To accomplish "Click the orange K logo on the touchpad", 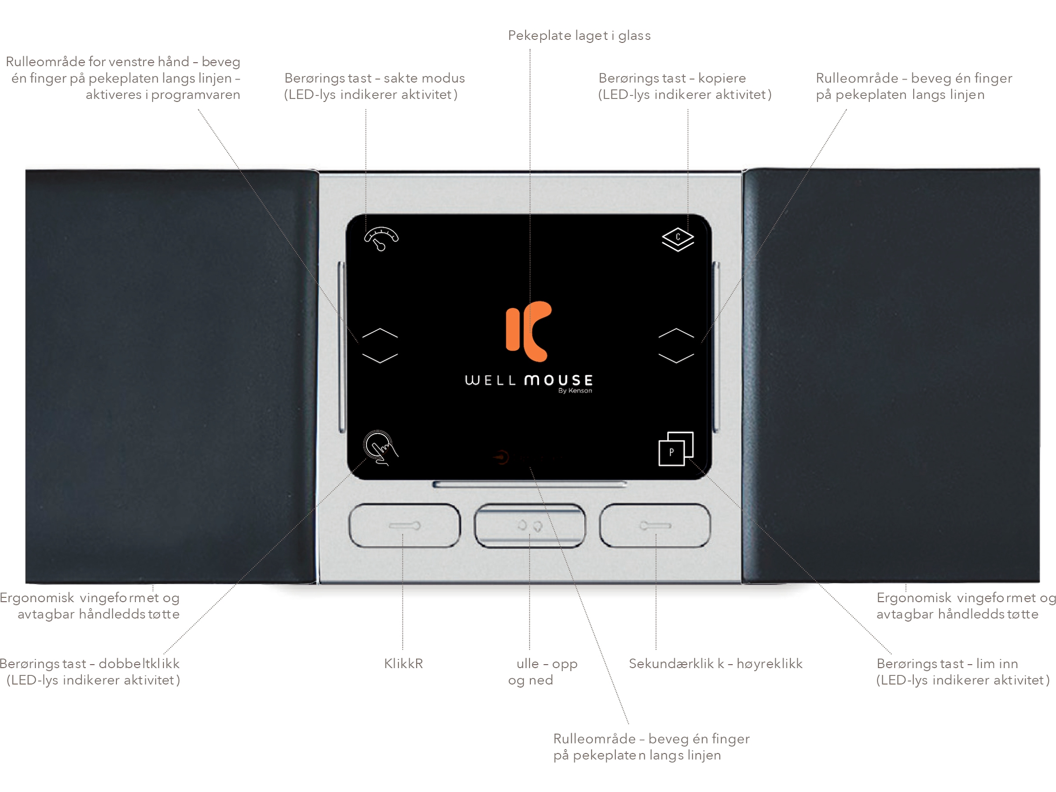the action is (528, 331).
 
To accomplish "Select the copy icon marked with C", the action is (678, 240).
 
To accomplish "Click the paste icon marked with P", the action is (676, 448).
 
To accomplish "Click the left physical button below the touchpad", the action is (405, 525).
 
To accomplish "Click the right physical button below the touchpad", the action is (655, 525).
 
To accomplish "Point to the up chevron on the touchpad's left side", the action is (380, 332).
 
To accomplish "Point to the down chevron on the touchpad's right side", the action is (676, 358).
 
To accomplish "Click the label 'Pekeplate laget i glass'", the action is (579, 35).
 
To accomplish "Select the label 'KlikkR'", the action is (403, 664).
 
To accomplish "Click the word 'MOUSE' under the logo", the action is (558, 380).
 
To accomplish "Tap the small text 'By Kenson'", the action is (575, 391).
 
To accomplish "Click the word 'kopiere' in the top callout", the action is (722, 78).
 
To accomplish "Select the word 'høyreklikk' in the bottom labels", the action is (770, 664).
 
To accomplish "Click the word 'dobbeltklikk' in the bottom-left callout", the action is (139, 664).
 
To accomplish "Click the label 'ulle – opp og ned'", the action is (543, 672).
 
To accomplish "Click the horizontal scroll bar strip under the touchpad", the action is (529, 484).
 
